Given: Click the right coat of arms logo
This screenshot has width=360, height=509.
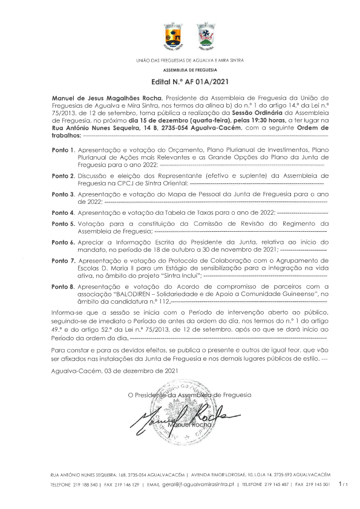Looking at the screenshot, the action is (x=206, y=36).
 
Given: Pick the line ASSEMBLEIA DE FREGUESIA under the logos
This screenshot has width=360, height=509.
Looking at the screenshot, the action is (x=180, y=70).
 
